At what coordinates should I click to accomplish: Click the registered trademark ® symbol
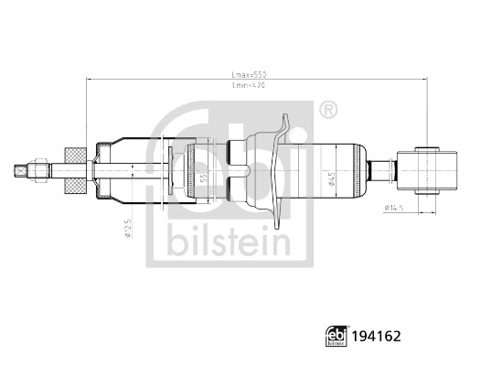tap(326, 112)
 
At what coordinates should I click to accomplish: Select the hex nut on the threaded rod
tap(41, 170)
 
